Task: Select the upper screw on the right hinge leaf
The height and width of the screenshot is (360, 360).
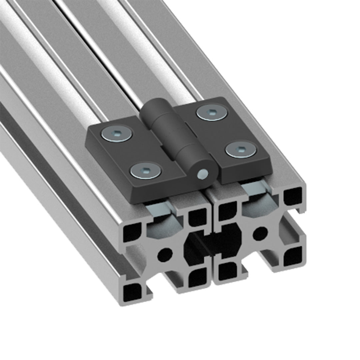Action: coord(213,112)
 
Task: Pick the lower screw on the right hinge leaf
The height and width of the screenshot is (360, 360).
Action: coord(241,149)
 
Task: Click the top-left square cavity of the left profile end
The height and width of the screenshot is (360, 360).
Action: coord(132,232)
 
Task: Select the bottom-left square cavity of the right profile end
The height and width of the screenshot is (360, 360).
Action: coord(227,271)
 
